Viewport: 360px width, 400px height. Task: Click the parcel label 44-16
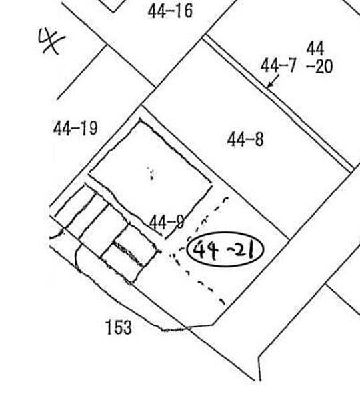[170, 11]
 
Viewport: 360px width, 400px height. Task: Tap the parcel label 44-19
[75, 128]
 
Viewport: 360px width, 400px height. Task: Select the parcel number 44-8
[245, 139]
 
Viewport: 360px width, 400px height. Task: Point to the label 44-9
[167, 222]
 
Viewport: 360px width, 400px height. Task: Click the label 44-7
[278, 65]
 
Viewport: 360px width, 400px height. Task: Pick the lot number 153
[119, 327]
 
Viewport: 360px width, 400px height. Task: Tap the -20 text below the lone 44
[319, 67]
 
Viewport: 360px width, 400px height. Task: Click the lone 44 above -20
[315, 49]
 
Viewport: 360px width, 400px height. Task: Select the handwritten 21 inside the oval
[243, 250]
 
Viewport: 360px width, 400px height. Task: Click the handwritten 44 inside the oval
[205, 250]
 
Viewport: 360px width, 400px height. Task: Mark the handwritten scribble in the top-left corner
[51, 41]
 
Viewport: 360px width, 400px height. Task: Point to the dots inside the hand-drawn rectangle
[151, 173]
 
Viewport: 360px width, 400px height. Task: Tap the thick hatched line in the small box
[128, 253]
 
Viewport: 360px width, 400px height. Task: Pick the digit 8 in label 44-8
[259, 139]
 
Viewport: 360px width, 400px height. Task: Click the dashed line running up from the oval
[209, 217]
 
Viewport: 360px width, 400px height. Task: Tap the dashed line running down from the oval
[198, 279]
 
